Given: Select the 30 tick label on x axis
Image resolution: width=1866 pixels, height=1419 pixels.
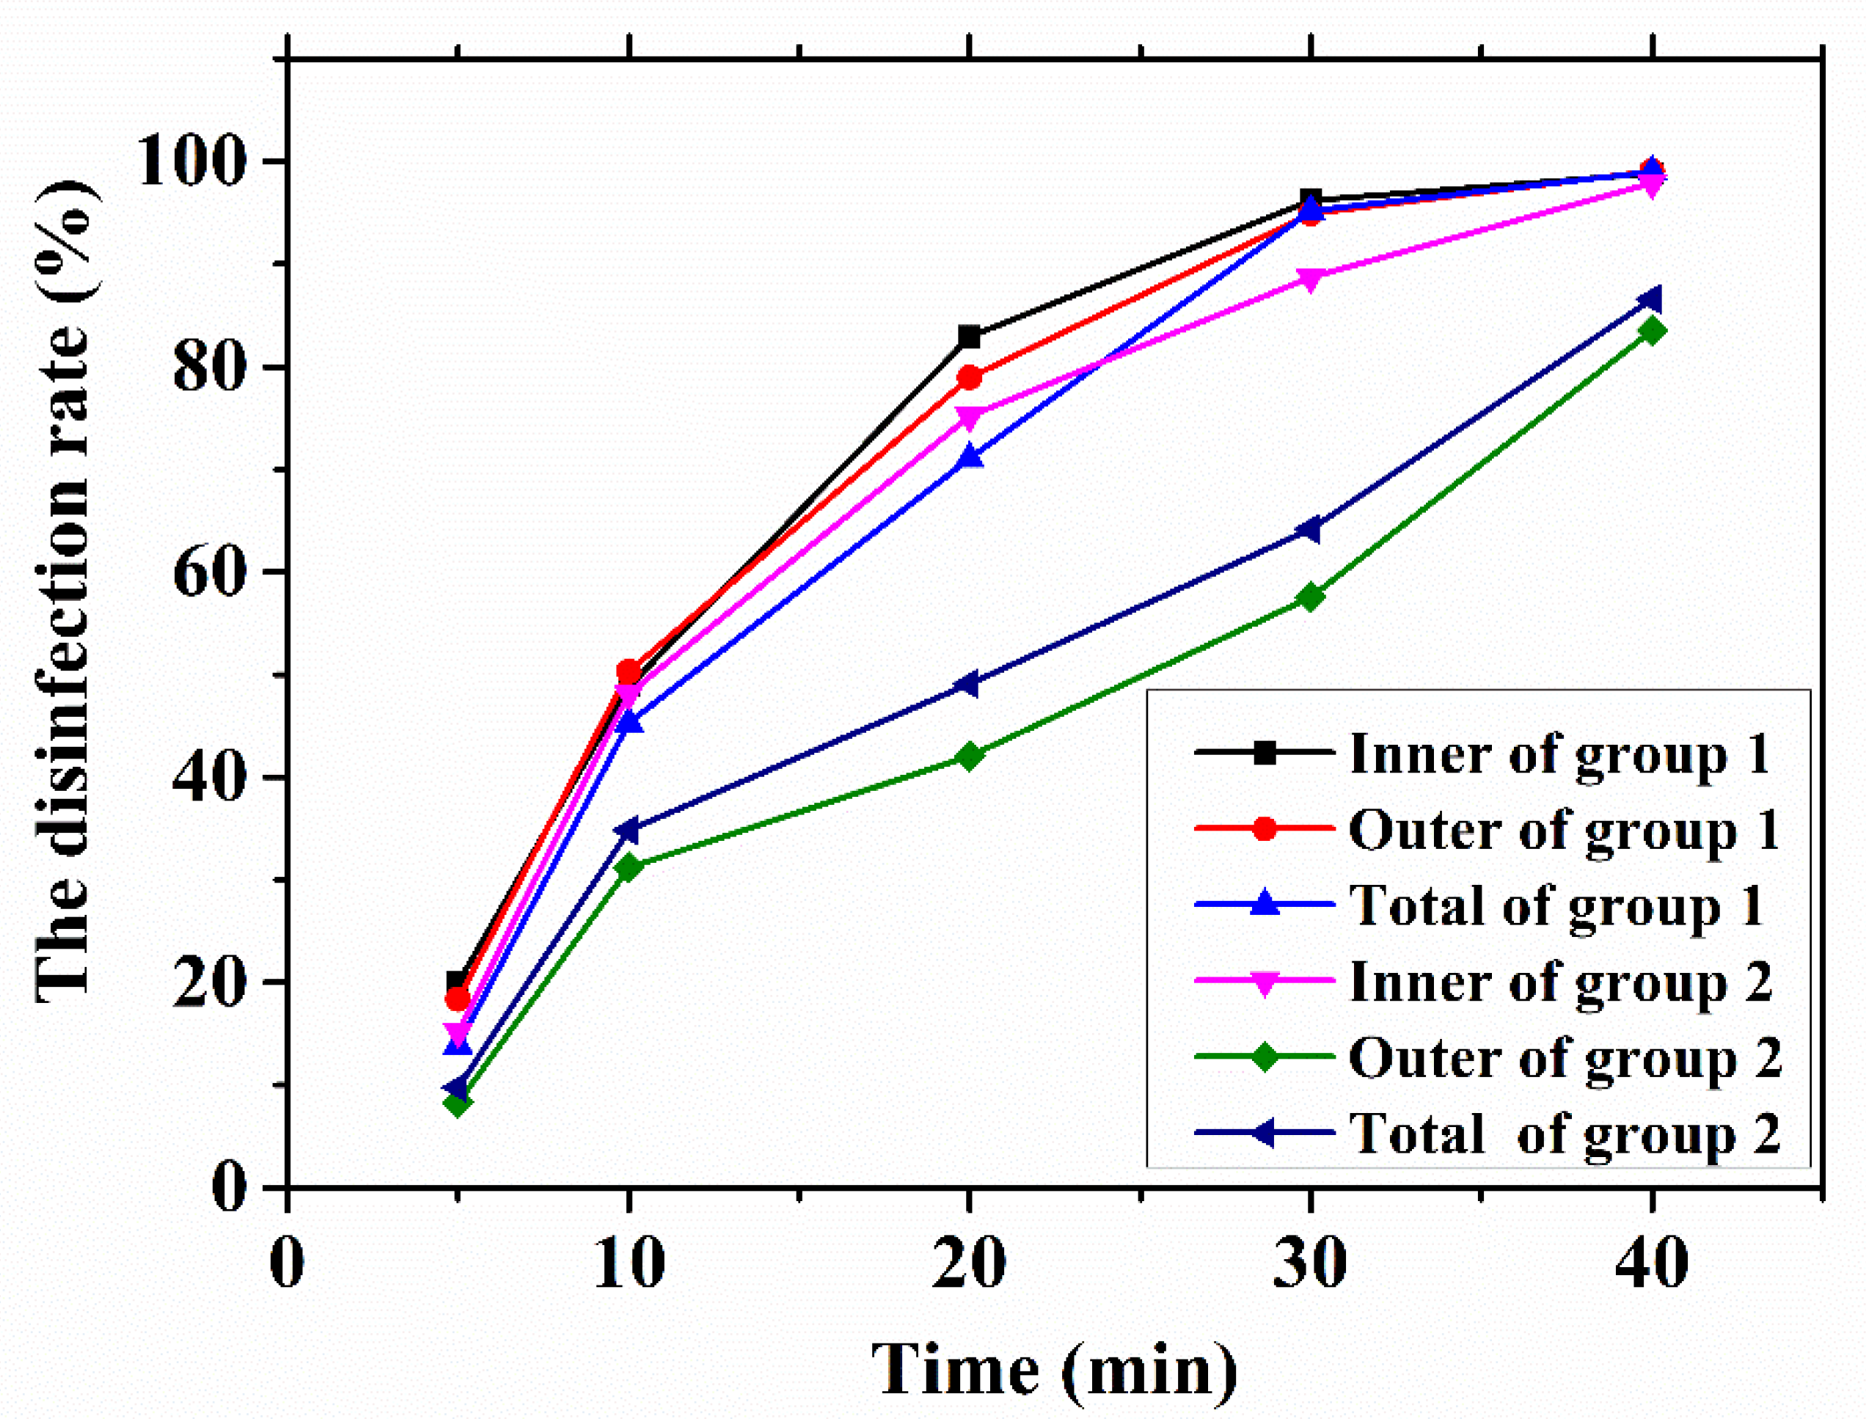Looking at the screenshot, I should pos(1309,1264).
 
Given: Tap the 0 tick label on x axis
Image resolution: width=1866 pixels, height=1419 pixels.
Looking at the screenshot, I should pos(287,1264).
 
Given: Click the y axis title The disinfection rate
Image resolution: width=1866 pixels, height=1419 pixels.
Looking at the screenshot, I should pos(63,591).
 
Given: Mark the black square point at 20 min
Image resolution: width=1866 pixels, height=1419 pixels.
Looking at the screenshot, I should pos(969,337).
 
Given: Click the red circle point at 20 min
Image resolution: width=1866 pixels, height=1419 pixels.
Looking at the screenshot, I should pos(969,378).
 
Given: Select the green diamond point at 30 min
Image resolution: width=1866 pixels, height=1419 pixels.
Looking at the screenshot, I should pos(1309,598).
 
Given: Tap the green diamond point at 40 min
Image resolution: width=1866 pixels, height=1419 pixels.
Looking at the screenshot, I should pos(1652,330).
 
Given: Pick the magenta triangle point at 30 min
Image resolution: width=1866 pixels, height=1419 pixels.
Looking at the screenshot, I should pos(1309,279).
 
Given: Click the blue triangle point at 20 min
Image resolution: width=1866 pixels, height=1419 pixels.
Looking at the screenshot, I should pos(969,457).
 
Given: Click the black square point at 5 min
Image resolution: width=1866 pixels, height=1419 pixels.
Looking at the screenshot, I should pos(457,982).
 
